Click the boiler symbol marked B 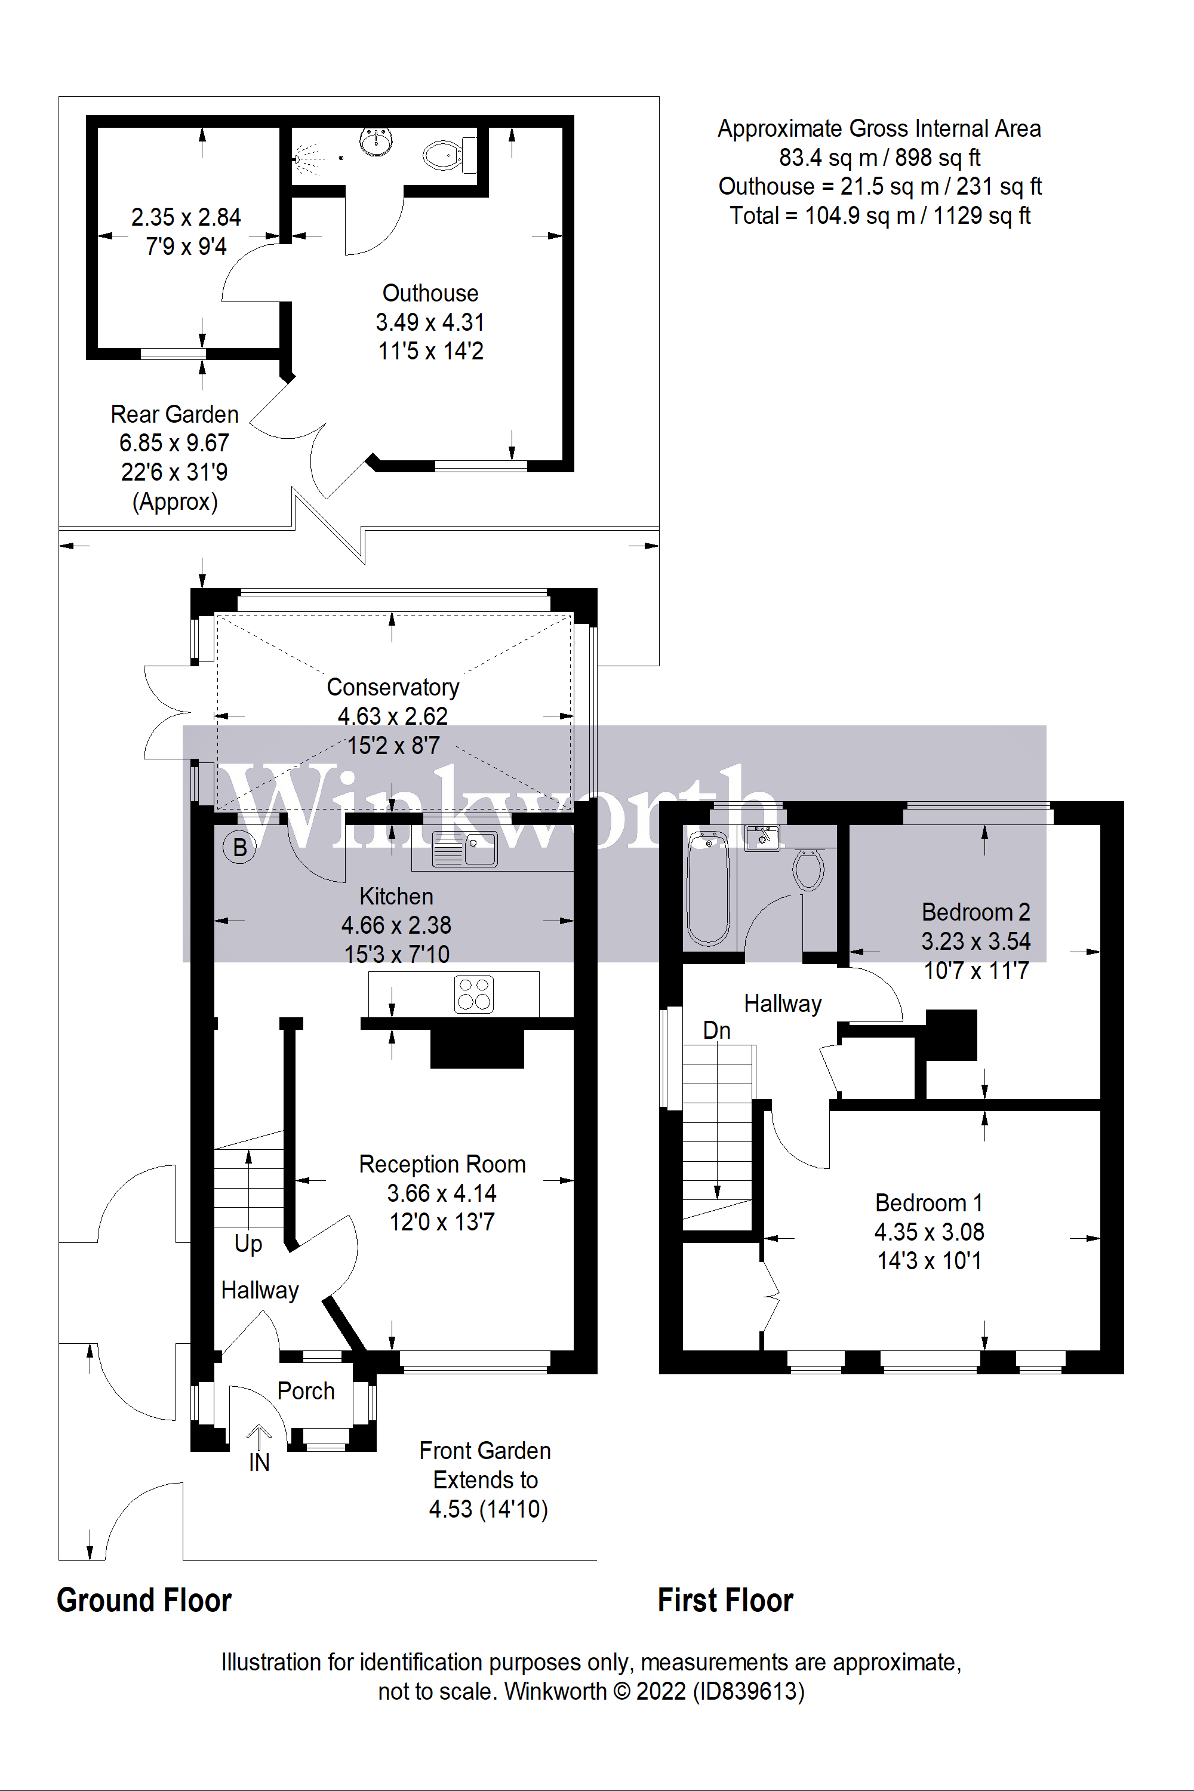[239, 847]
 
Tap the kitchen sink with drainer [464, 848]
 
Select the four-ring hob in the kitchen [473, 994]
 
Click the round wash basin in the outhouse [376, 141]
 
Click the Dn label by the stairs [716, 1030]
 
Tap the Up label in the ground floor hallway [248, 1243]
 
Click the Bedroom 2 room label [975, 912]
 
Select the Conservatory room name [393, 687]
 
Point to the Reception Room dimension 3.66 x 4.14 [442, 1192]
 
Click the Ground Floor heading [144, 1600]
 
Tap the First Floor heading [725, 1600]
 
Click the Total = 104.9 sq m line [879, 216]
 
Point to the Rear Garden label [174, 414]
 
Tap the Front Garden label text [485, 1451]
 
